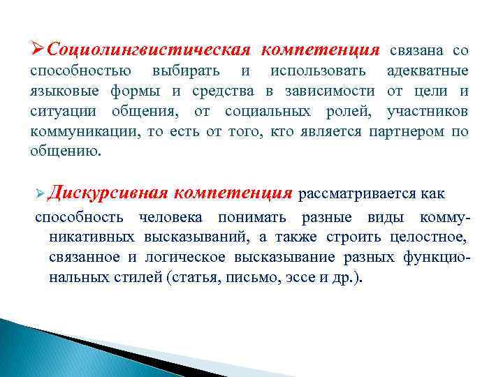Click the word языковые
coord(65,91)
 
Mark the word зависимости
coord(326,91)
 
